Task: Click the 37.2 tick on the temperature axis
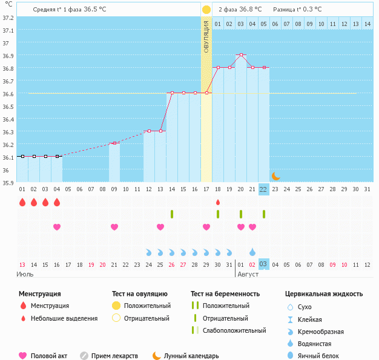pyautogui.click(x=8, y=18)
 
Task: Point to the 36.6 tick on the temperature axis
pyautogui.click(x=8, y=94)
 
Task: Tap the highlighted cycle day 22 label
pyautogui.click(x=263, y=189)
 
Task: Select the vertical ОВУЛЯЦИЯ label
pyautogui.click(x=206, y=38)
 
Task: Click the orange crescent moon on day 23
pyautogui.click(x=275, y=176)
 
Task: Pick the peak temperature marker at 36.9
pyautogui.click(x=241, y=55)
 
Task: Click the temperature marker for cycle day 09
pyautogui.click(x=114, y=143)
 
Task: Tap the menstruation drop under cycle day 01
pyautogui.click(x=22, y=202)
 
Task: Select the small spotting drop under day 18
pyautogui.click(x=218, y=202)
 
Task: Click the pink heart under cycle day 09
pyautogui.click(x=114, y=227)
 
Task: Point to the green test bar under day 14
pyautogui.click(x=172, y=214)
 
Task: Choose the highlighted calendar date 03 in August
pyautogui.click(x=263, y=264)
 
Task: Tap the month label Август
pyautogui.click(x=248, y=275)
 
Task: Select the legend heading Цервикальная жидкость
pyautogui.click(x=324, y=294)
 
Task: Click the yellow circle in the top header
pyautogui.click(x=206, y=10)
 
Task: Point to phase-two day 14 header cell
pyautogui.click(x=367, y=24)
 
